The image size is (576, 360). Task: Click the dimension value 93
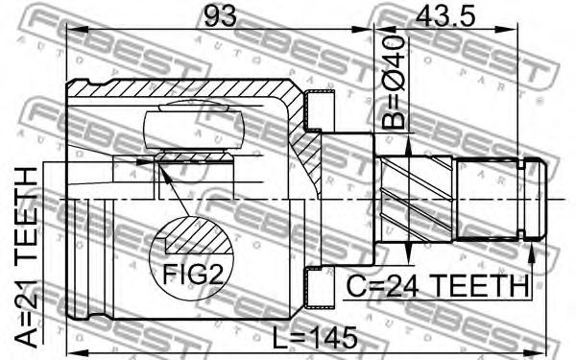tap(220, 15)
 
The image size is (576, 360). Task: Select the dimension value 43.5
tap(444, 15)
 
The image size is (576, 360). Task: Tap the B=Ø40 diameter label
tap(393, 82)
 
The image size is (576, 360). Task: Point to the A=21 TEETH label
tap(27, 257)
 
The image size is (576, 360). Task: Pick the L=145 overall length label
tap(315, 337)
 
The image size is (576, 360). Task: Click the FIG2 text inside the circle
tap(193, 274)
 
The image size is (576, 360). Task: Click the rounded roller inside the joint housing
tap(194, 130)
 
